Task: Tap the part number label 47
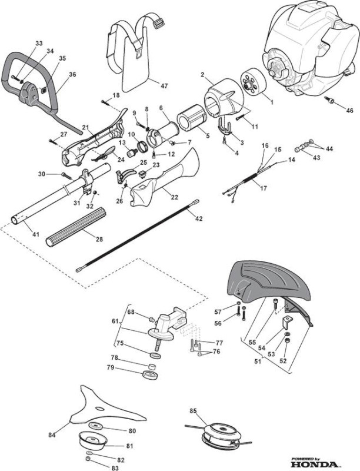click(x=164, y=86)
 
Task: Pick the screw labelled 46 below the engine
click(x=329, y=100)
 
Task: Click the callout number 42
click(x=199, y=218)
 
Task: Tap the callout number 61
click(x=115, y=321)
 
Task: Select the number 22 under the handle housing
click(x=174, y=197)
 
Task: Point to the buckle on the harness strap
click(x=159, y=23)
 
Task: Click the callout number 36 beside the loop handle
click(x=72, y=75)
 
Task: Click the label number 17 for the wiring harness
click(x=263, y=188)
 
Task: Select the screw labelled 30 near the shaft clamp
click(x=67, y=175)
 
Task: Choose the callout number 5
click(x=208, y=136)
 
